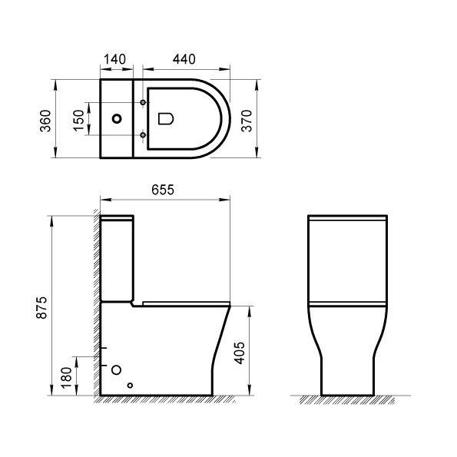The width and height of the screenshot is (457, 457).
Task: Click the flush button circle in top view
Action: coord(118,120)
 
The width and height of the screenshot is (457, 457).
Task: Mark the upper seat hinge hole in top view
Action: coord(143,102)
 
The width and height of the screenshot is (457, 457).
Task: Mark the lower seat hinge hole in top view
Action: coord(143,137)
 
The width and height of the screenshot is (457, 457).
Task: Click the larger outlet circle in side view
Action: coord(117,369)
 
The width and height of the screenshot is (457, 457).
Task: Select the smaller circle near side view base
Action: coord(131,386)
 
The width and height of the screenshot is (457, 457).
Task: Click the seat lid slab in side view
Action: coord(184,302)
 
